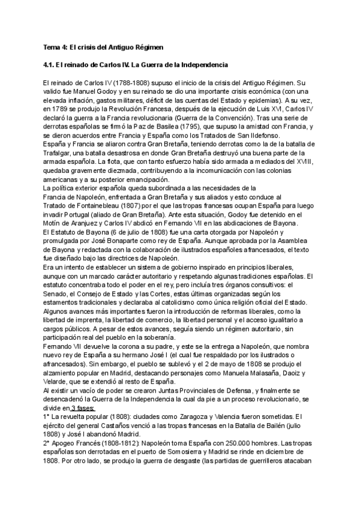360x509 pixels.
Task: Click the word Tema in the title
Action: [53, 47]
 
